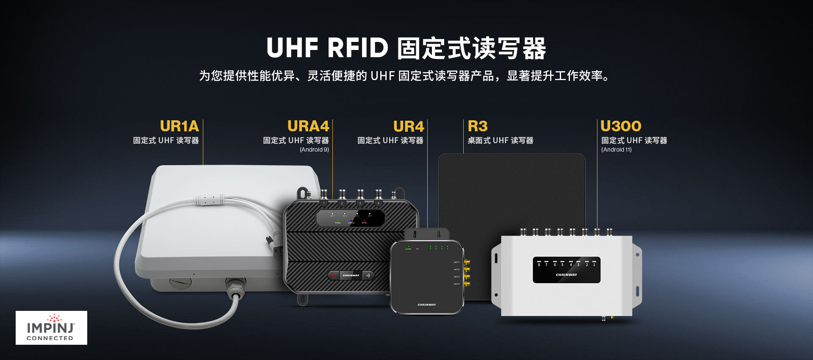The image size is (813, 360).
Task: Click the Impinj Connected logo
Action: click(x=51, y=328)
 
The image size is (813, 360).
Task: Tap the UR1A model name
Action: click(x=179, y=126)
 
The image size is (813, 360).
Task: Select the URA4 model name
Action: click(x=308, y=126)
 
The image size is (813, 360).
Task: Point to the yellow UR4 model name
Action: click(x=408, y=127)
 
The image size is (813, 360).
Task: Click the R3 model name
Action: click(x=478, y=126)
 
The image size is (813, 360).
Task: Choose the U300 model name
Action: click(x=621, y=126)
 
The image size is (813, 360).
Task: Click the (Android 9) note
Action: click(x=314, y=150)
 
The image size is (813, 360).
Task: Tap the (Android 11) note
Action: click(x=616, y=150)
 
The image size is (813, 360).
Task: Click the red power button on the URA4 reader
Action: click(x=334, y=276)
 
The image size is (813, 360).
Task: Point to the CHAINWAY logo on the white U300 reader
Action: click(x=567, y=275)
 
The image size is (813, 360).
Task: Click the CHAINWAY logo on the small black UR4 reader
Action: click(x=426, y=305)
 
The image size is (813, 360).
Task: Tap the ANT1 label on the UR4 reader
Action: click(x=456, y=263)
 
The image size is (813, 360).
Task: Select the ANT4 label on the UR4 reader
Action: click(x=456, y=284)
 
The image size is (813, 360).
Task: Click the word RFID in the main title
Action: click(x=357, y=47)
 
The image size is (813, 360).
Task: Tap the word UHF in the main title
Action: click(x=292, y=47)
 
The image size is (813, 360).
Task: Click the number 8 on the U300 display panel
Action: click(x=539, y=265)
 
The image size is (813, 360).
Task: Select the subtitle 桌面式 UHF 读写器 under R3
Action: click(x=500, y=141)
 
